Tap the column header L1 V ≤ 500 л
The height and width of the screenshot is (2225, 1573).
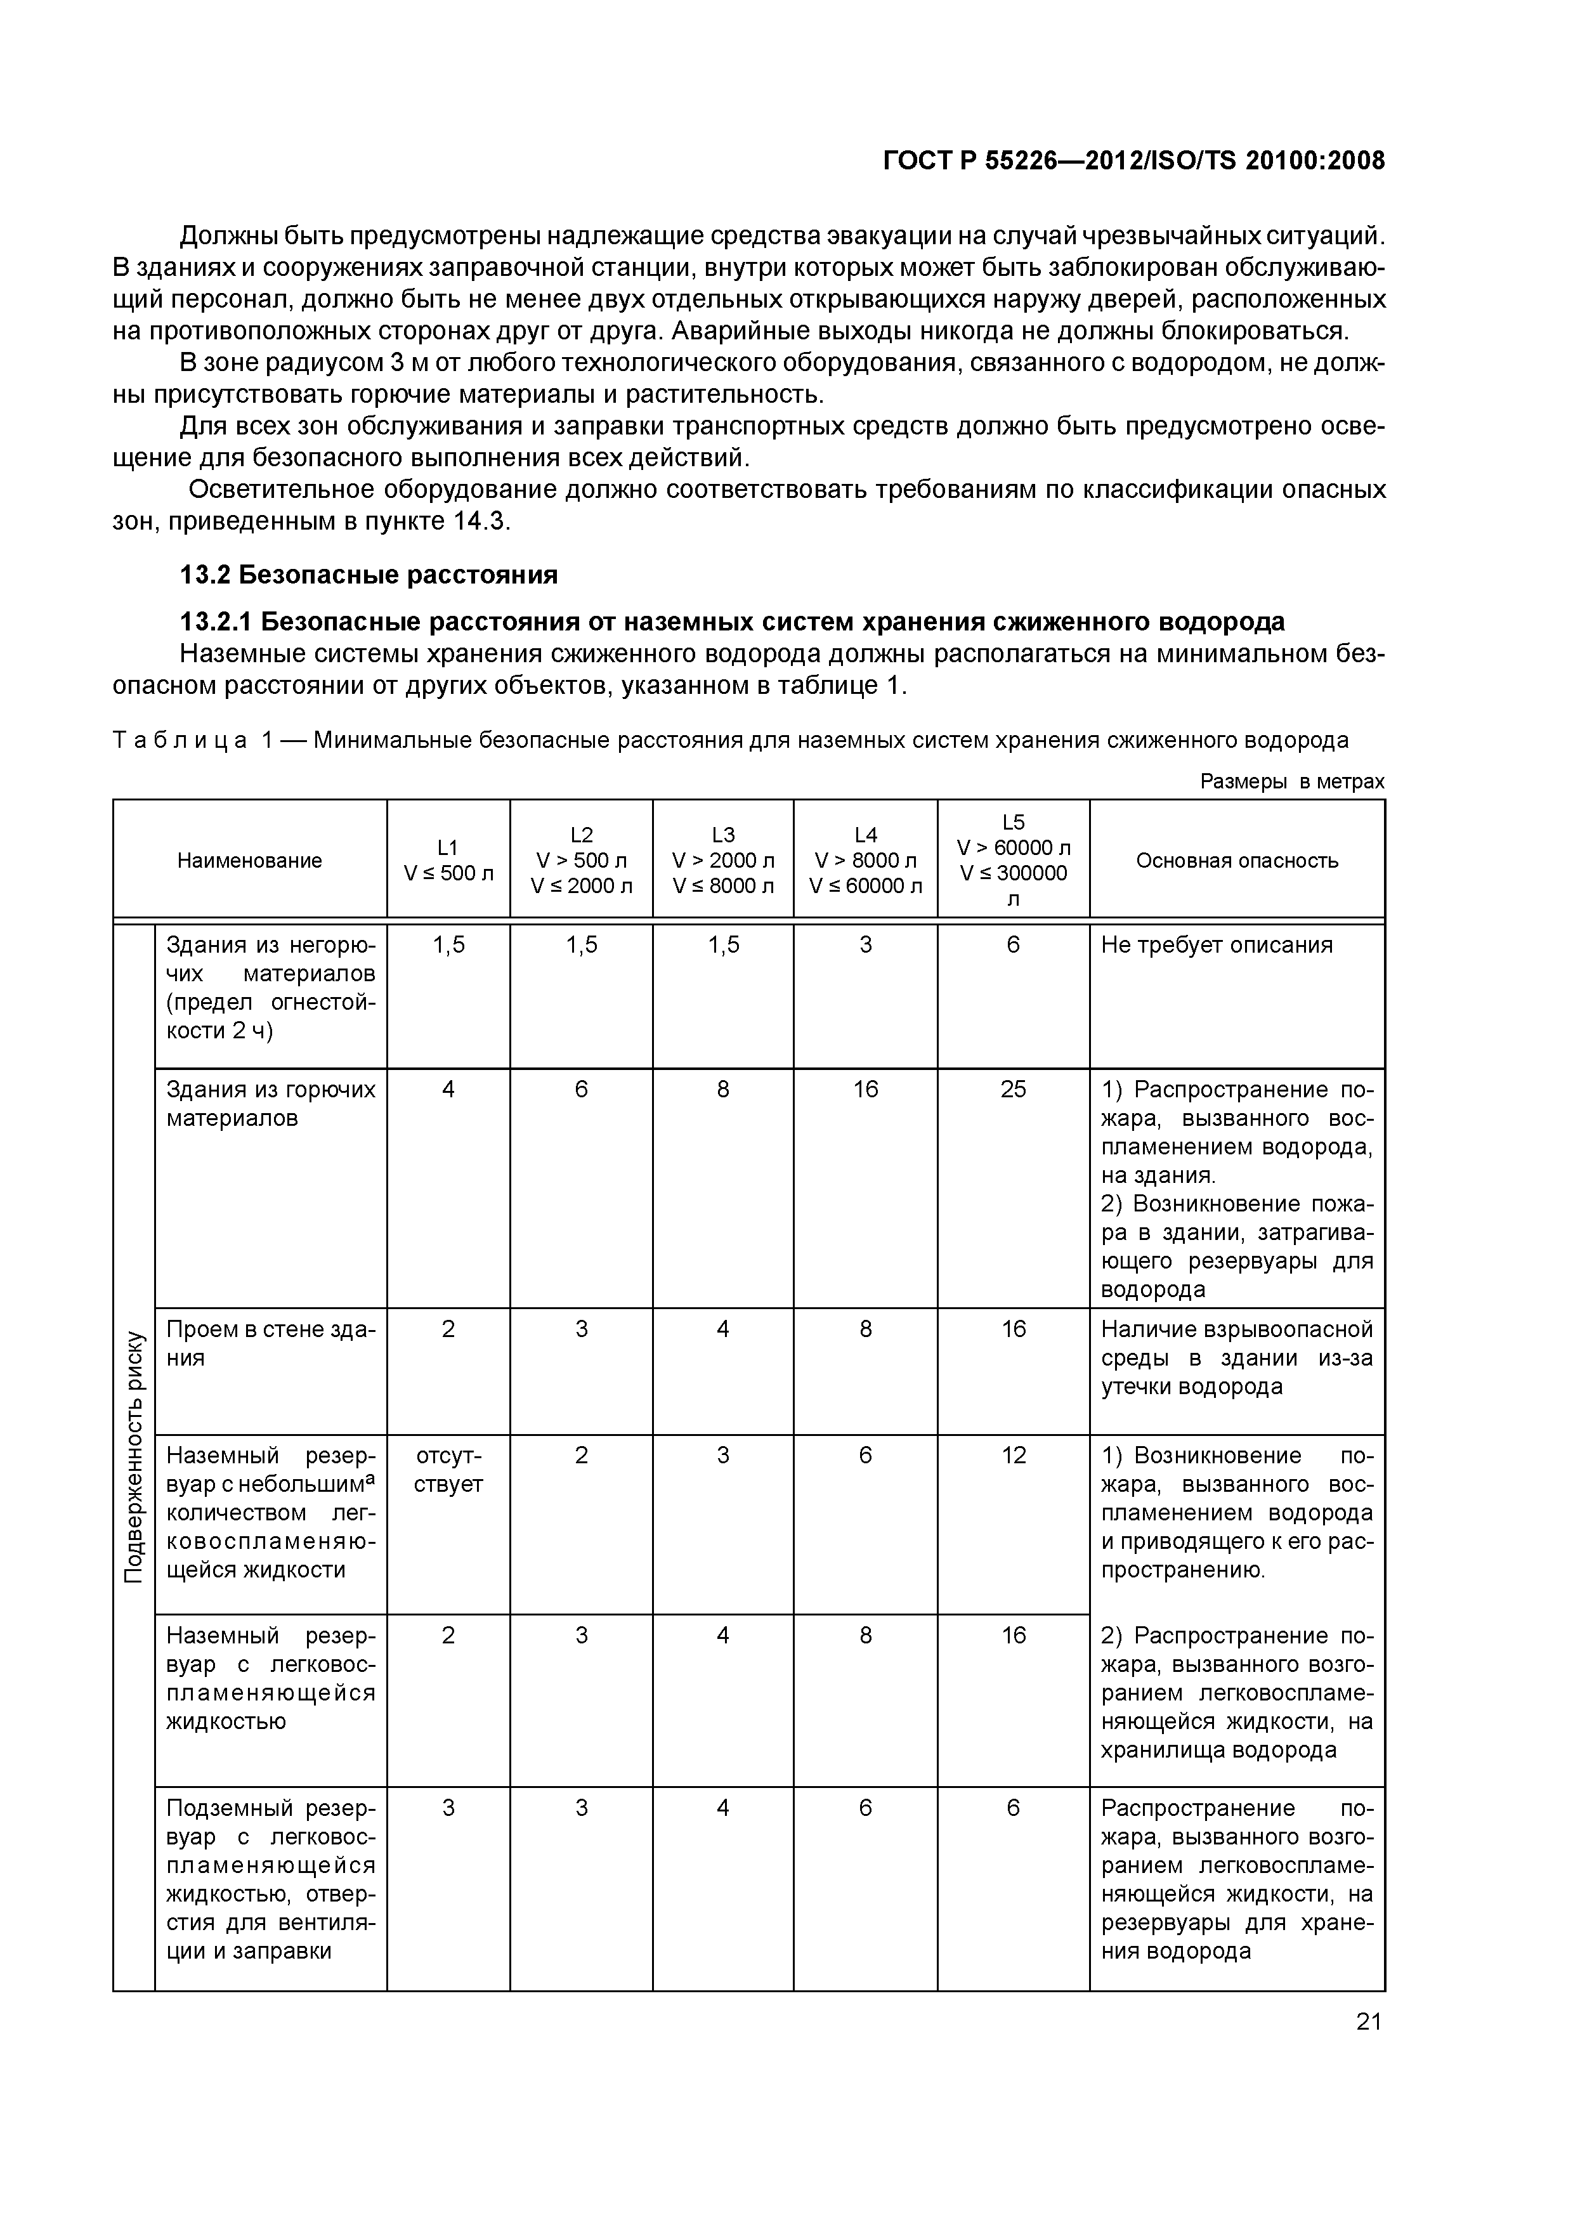tap(448, 859)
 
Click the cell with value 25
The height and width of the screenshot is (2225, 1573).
tap(1013, 1089)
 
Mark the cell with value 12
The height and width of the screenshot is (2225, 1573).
tap(1013, 1456)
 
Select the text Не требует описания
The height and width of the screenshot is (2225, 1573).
tap(1217, 945)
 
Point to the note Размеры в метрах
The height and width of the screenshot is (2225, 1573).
tap(1292, 781)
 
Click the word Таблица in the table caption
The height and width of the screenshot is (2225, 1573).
tap(179, 740)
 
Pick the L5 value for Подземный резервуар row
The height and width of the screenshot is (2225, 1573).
tap(1013, 1808)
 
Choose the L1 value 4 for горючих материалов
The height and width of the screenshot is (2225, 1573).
tap(448, 1089)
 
